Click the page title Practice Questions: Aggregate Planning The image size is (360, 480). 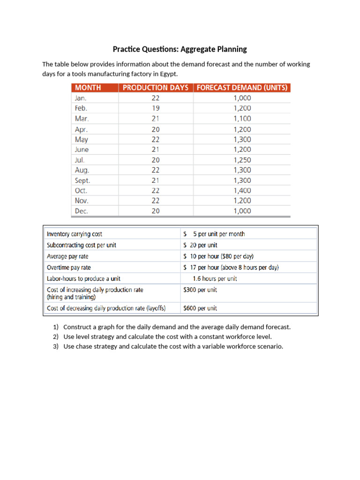tap(180, 49)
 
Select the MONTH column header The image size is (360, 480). tap(89, 88)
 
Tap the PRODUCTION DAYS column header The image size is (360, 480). tap(155, 88)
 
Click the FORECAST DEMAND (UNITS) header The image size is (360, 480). tap(242, 88)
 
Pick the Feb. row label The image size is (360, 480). tap(82, 108)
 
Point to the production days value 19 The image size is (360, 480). tap(156, 108)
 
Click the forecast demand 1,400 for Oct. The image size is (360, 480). tap(242, 191)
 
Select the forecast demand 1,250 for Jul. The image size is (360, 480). tap(242, 160)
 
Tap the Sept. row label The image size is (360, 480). tap(82, 180)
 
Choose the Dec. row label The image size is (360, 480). tap(82, 211)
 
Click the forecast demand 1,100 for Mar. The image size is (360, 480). tap(242, 119)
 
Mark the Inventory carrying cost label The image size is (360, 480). tap(75, 234)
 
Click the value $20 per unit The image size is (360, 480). tap(200, 245)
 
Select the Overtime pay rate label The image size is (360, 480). tap(69, 268)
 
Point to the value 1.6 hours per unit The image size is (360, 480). tap(215, 279)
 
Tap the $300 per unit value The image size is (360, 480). tap(200, 290)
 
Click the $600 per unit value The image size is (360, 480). tap(200, 308)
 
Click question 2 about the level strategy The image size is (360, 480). tap(167, 337)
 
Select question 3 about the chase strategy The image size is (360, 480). tap(173, 347)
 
